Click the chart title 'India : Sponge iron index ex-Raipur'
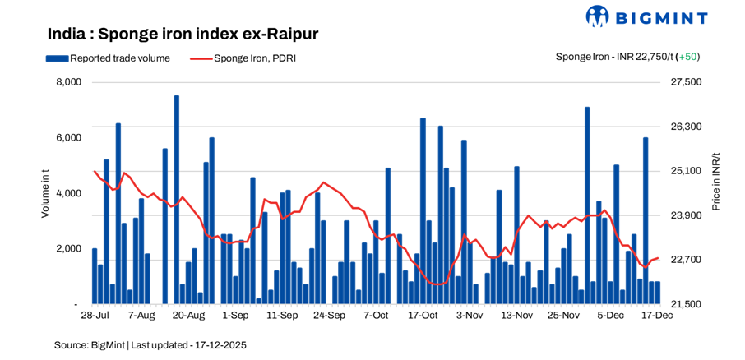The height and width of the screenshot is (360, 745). click(183, 34)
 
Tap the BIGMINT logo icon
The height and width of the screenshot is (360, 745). click(597, 16)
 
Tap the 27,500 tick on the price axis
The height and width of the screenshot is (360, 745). click(688, 82)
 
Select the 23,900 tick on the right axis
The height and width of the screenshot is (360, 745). click(688, 215)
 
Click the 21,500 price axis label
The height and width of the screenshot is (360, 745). click(688, 304)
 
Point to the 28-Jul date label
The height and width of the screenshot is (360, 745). click(95, 315)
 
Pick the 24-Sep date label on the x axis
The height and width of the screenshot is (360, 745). click(329, 315)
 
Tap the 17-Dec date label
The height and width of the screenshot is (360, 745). click(656, 315)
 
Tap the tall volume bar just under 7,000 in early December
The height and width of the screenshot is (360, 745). click(587, 205)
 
